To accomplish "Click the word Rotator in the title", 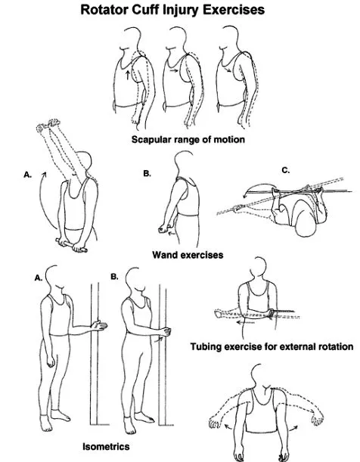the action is pos(104,10).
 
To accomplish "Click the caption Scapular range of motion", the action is pos(188,139).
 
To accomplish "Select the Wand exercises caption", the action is pos(188,255).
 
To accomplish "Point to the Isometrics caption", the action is pos(106,447).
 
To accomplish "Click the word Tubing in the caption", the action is pos(206,347).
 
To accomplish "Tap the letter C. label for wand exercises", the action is pos(286,170).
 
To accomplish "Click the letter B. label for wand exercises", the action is pos(147,174).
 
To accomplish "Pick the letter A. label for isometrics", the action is pos(39,278).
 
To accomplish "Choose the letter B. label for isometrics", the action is pos(115,277).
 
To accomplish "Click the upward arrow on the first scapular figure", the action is pos(127,75).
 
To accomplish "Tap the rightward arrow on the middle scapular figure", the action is pos(175,71).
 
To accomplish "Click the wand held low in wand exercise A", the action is pos(71,246).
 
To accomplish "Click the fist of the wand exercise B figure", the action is pos(163,228).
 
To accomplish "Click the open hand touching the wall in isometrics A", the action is pos(100,326).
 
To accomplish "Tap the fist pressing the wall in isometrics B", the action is pos(166,331).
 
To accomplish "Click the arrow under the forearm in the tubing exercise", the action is pos(245,323).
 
